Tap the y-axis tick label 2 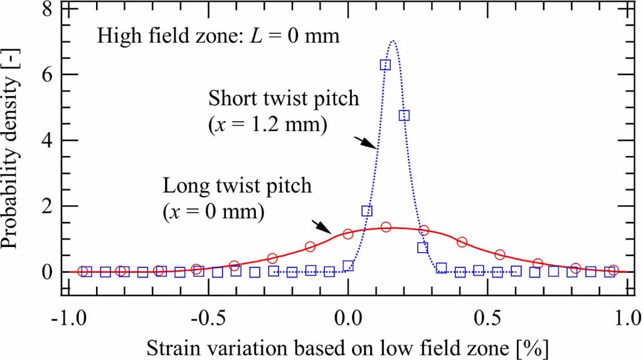click(x=46, y=206)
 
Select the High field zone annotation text click(x=218, y=35)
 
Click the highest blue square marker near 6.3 click(x=385, y=65)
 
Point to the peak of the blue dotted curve click(x=393, y=42)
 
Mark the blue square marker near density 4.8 click(x=404, y=115)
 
